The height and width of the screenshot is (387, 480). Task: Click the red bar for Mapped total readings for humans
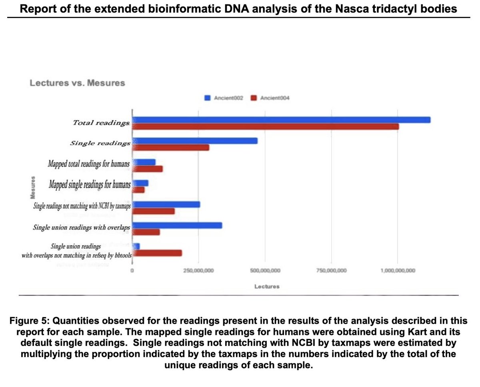148,169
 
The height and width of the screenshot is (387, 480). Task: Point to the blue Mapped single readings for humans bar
140,183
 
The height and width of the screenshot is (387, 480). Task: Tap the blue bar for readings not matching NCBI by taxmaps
166,204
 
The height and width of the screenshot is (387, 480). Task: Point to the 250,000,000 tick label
199,271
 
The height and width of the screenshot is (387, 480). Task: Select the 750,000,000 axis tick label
332,271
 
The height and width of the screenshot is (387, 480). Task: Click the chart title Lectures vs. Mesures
78,83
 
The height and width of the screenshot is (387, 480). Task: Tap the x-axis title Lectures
267,287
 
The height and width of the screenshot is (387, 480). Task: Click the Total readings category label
101,123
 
